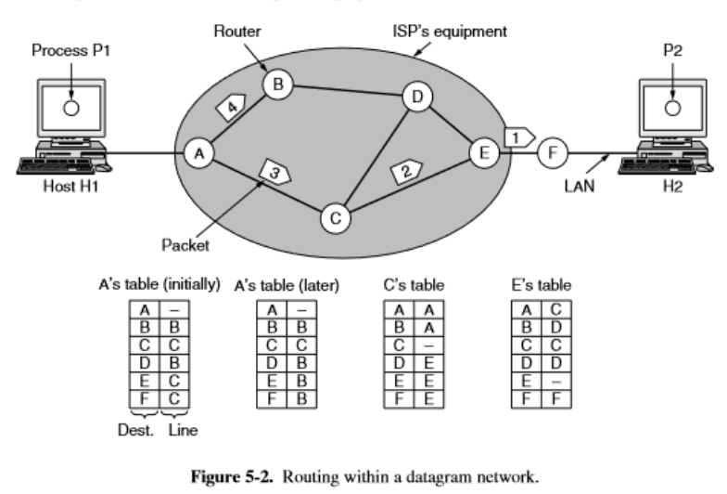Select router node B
275,85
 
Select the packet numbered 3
275,172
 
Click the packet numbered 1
517,136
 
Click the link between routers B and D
344,92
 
